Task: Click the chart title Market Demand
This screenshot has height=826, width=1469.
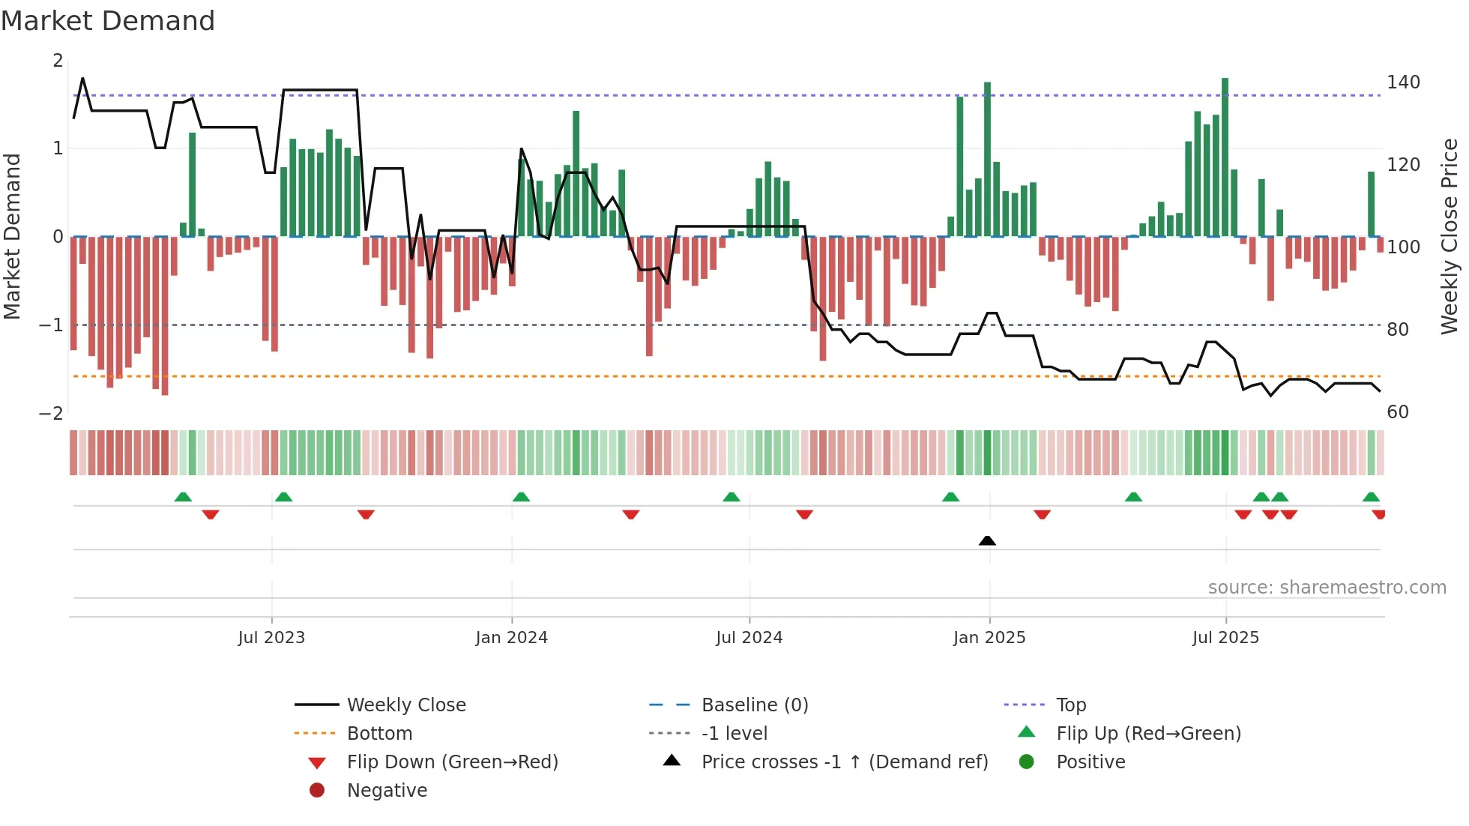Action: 108,21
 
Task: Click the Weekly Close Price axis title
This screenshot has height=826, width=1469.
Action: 1450,236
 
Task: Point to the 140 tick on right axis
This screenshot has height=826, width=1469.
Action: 1403,82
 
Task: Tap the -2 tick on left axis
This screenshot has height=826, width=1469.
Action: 51,414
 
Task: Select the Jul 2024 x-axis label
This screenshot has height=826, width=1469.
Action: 749,638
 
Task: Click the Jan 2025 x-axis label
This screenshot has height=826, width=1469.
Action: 989,638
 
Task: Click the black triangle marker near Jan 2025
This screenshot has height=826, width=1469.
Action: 987,540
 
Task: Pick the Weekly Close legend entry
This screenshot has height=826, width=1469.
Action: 405,705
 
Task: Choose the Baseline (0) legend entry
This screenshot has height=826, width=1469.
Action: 754,705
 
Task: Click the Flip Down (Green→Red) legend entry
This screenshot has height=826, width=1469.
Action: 452,762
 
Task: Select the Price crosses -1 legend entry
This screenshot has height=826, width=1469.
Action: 844,762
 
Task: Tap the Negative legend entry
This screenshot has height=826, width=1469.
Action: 387,791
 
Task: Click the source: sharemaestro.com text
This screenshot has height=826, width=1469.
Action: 1327,588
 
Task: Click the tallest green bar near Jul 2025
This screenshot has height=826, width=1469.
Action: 1225,157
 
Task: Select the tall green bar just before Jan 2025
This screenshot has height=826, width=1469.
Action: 987,159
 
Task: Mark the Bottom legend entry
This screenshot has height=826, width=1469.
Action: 379,734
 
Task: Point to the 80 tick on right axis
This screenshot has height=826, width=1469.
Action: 1397,330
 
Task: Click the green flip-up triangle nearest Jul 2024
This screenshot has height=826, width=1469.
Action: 732,497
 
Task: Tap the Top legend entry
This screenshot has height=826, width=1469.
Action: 1070,705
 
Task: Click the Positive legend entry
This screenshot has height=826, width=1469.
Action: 1090,762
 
